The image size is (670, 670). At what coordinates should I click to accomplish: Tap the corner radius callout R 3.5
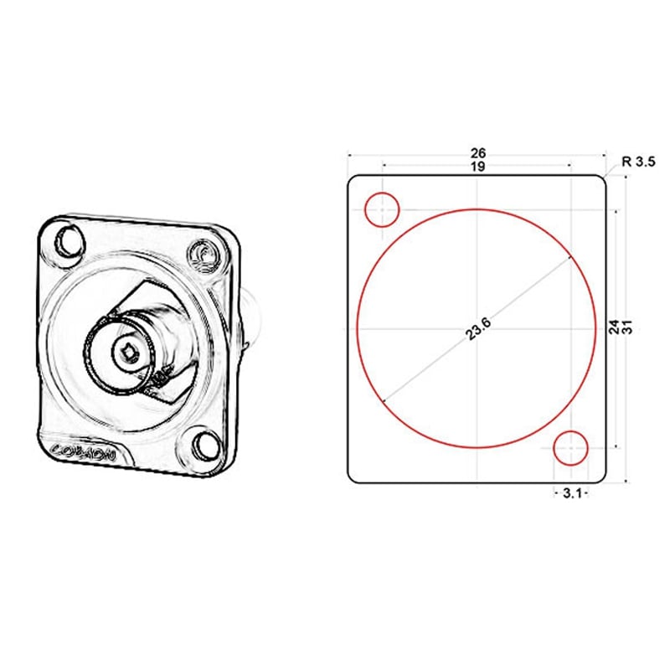pos(638,162)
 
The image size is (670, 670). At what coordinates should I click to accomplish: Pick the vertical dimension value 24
pos(615,327)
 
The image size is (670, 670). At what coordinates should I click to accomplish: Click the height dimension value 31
pos(627,327)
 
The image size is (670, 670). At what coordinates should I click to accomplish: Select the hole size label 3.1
pos(572,494)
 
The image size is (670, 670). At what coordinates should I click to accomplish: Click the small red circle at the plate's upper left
pos(382,209)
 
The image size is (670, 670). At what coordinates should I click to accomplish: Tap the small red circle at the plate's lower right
pos(572,447)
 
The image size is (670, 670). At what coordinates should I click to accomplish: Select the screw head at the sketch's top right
pos(202,255)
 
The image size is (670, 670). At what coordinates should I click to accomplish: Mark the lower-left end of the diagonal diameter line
pos(384,404)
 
